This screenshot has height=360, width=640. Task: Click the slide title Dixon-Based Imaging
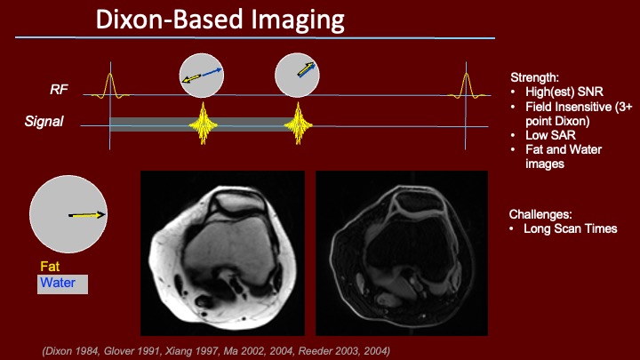tap(220, 20)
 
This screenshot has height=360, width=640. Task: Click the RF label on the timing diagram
tap(59, 90)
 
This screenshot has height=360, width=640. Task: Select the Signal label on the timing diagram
tap(44, 121)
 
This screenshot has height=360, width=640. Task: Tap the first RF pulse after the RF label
tap(110, 86)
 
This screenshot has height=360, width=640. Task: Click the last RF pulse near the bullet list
tap(466, 85)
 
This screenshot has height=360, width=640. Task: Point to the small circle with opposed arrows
tap(202, 76)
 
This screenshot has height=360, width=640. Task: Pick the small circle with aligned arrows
tap(297, 75)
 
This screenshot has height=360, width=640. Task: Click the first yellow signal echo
tap(203, 124)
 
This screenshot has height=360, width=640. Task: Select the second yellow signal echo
tap(299, 124)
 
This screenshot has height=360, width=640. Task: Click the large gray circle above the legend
tap(68, 214)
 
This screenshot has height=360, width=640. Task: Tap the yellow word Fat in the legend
tap(50, 267)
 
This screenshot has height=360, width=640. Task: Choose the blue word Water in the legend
tap(58, 283)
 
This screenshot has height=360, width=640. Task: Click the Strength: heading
tap(534, 77)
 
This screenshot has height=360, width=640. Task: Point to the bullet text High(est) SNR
tap(564, 92)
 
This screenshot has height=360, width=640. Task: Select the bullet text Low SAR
tap(550, 135)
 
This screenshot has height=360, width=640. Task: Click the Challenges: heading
tap(540, 214)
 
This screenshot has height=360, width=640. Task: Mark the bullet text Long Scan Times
tap(570, 228)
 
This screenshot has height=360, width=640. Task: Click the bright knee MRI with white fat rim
tap(222, 253)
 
